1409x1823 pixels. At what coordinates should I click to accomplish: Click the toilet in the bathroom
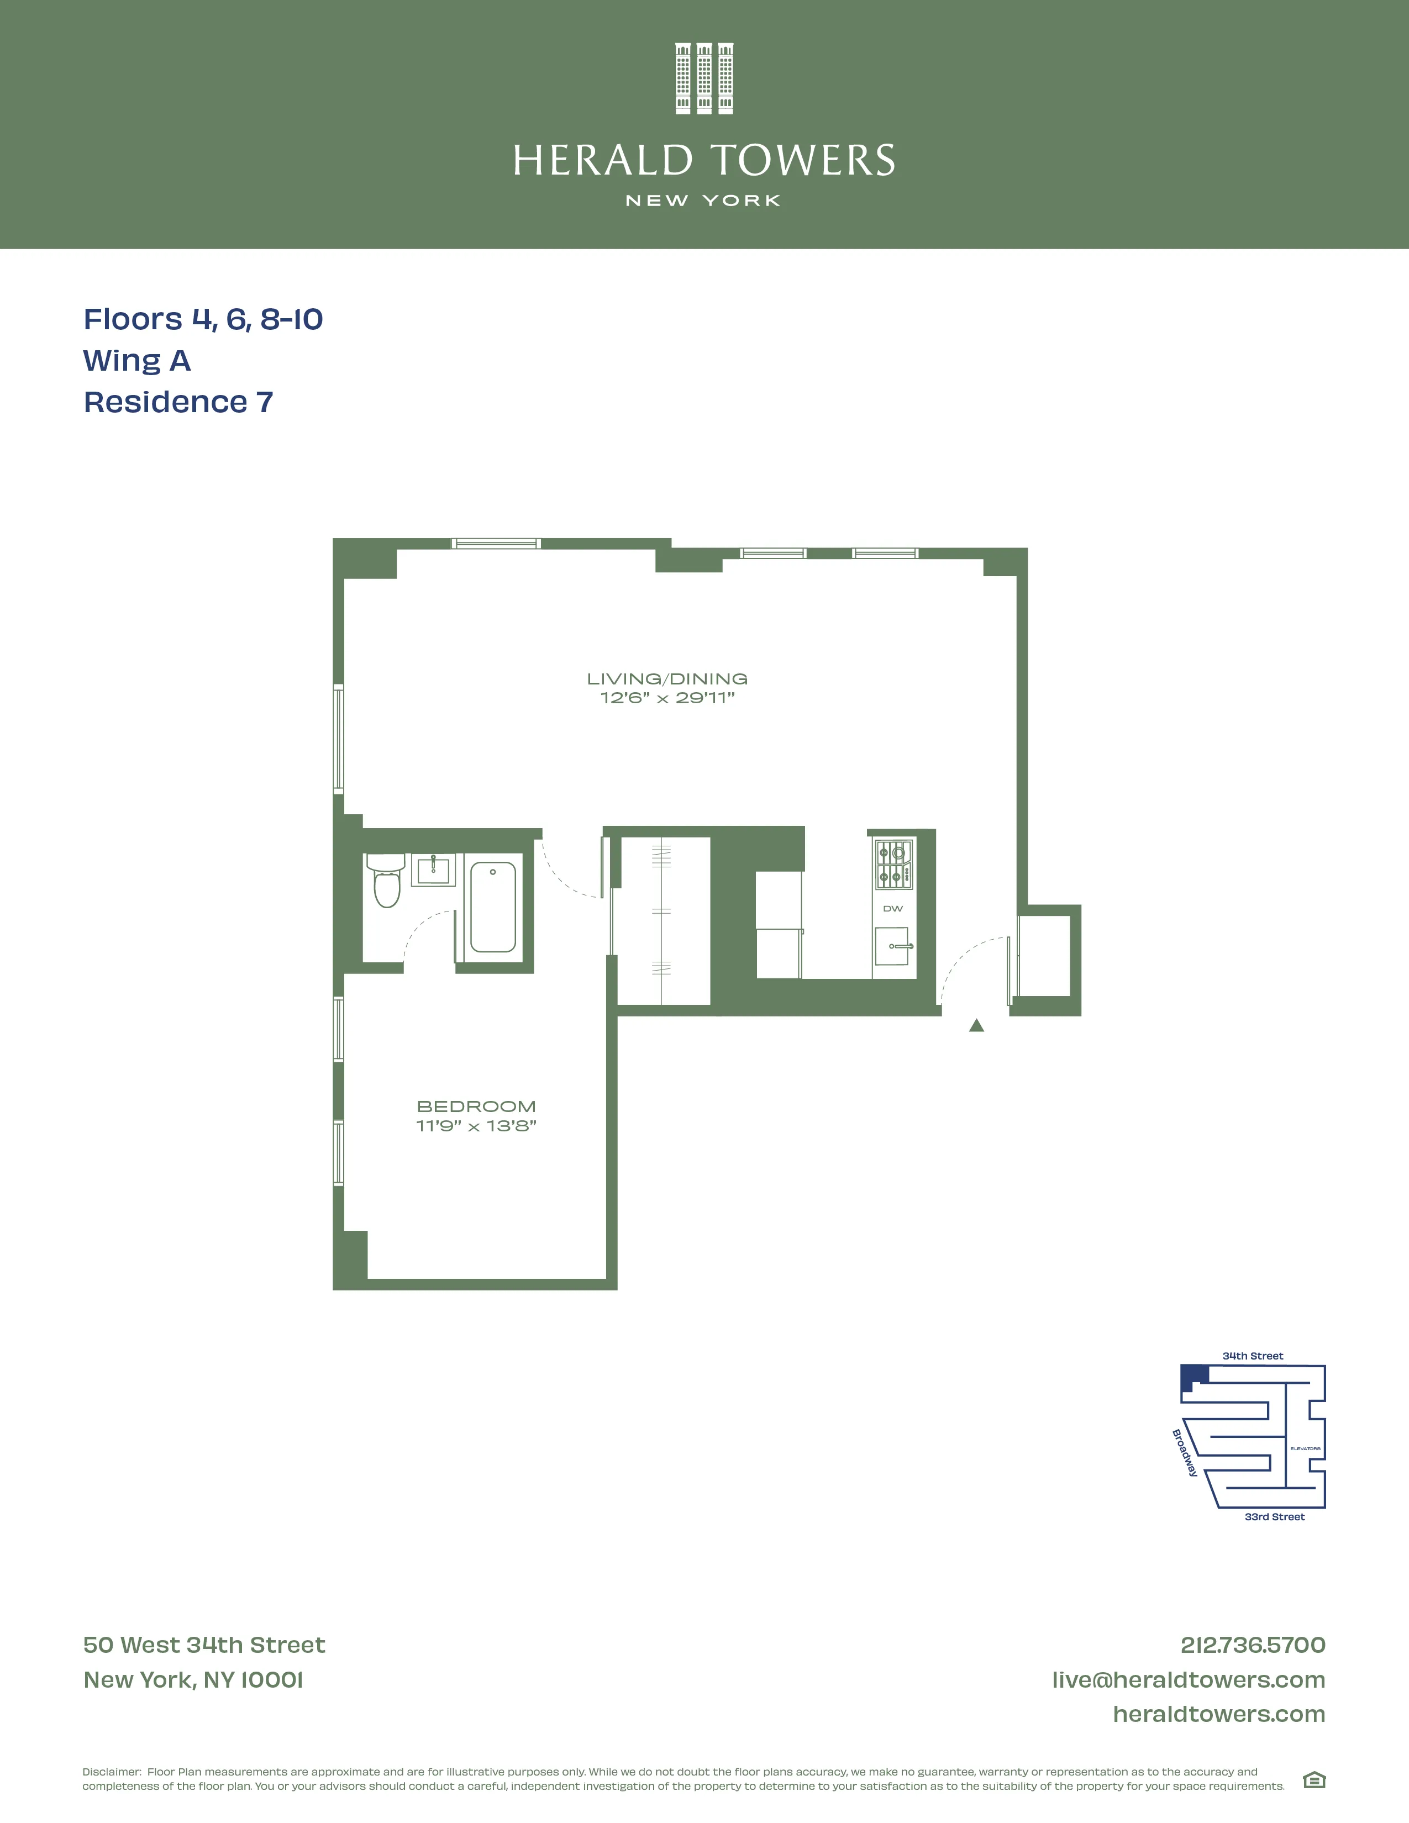386,882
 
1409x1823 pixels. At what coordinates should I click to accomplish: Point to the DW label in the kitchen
892,908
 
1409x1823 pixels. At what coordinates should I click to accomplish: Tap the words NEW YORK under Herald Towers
703,201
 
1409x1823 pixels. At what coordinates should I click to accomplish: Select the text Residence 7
178,402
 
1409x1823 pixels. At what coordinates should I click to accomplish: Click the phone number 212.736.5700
1252,1645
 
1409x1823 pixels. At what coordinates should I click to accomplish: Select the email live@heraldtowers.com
1188,1679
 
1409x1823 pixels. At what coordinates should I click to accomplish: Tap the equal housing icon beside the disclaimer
1314,1780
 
